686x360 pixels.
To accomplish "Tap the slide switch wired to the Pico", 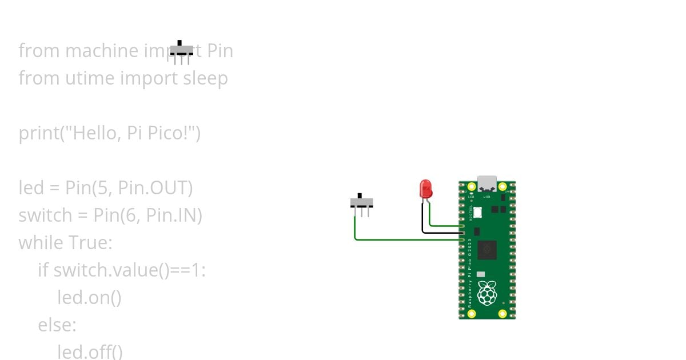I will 361,202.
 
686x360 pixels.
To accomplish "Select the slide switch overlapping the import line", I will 182,51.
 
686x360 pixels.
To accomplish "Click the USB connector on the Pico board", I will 487,183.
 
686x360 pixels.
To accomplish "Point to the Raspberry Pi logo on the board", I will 487,292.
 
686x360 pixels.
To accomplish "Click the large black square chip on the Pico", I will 487,249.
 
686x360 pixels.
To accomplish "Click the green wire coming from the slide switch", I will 400,239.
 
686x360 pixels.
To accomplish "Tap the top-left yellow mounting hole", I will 472,187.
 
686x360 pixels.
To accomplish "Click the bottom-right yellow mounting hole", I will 502,313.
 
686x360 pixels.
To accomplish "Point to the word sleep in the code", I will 205,78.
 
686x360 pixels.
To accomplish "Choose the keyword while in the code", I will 41,243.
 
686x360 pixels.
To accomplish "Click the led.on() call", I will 89,298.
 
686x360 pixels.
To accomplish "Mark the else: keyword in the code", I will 57,325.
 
